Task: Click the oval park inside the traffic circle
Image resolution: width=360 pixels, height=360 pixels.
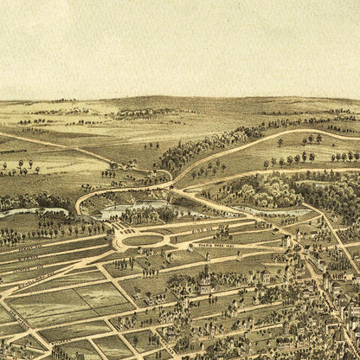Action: (x=143, y=240)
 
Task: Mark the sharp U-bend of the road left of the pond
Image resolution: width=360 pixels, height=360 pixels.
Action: (x=80, y=204)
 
